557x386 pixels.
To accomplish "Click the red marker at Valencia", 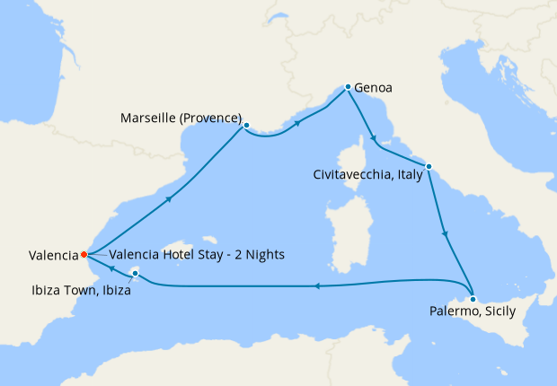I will click(x=84, y=254).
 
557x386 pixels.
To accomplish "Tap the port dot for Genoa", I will click(x=348, y=87).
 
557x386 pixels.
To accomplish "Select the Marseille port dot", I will click(x=246, y=126).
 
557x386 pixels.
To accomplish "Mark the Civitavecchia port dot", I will click(x=429, y=166).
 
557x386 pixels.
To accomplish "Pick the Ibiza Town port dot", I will click(x=135, y=273).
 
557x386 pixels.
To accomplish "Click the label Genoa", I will click(x=373, y=89).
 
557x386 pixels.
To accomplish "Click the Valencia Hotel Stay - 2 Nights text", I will click(x=196, y=255).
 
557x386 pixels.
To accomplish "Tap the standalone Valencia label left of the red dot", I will click(x=41, y=255).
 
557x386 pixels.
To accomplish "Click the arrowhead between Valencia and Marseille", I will click(x=167, y=200).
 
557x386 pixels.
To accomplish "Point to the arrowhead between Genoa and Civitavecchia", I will click(x=372, y=138).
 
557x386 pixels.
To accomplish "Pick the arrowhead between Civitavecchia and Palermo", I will click(x=446, y=233).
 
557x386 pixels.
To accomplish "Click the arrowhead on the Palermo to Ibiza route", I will click(x=316, y=286).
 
